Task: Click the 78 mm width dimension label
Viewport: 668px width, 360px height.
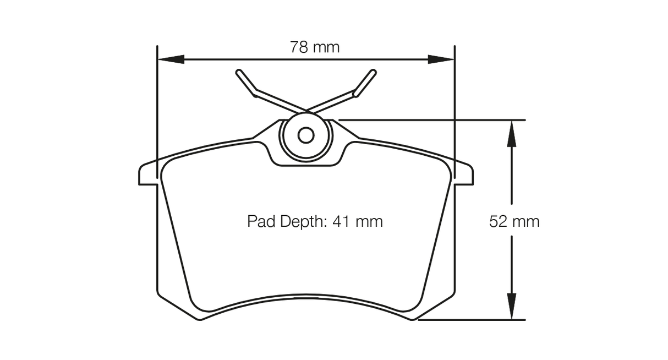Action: click(x=315, y=47)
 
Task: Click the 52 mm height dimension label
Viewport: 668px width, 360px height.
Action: click(x=514, y=221)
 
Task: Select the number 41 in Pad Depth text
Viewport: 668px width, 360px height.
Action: click(x=341, y=221)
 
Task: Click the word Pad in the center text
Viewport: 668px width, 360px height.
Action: click(x=261, y=221)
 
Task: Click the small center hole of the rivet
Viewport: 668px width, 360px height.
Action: click(x=306, y=135)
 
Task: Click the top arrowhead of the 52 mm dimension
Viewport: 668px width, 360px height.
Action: click(x=512, y=133)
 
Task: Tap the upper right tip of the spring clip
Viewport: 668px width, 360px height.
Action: click(x=373, y=73)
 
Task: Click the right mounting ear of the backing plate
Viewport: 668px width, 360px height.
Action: click(x=464, y=174)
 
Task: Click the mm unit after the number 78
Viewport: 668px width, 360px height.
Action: click(x=327, y=47)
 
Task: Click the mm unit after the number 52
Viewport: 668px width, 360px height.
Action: click(x=526, y=221)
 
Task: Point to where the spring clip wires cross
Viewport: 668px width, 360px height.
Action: click(x=306, y=111)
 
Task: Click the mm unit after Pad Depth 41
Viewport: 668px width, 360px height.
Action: click(x=369, y=221)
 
